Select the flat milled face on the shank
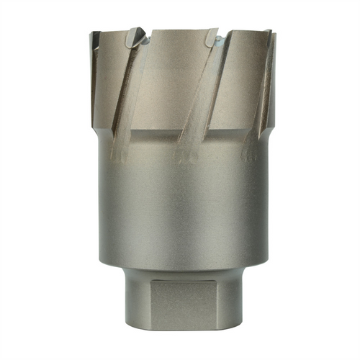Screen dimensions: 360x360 [179, 302]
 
